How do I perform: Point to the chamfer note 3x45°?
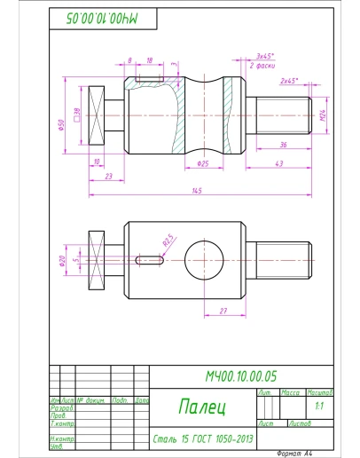click(x=263, y=55)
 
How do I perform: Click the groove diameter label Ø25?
click(x=202, y=163)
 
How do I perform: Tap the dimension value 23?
click(x=107, y=177)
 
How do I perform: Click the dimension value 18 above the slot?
click(x=149, y=60)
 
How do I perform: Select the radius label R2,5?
click(x=167, y=240)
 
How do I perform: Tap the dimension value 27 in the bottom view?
click(x=222, y=310)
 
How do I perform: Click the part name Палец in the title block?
click(x=202, y=407)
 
